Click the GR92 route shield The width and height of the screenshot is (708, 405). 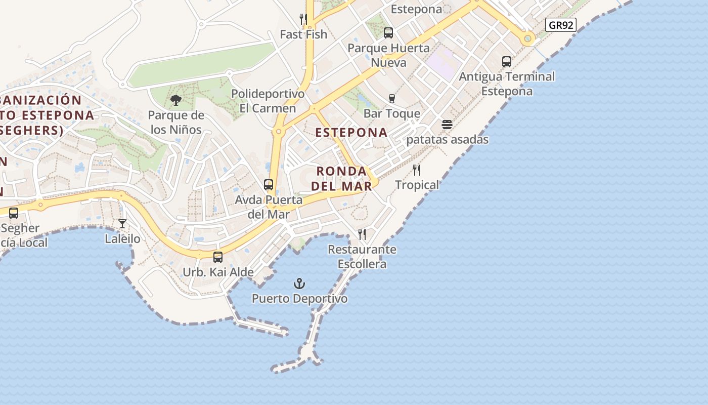click(561, 25)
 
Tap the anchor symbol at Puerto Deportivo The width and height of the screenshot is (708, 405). click(300, 283)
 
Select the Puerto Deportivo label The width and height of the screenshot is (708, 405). click(300, 299)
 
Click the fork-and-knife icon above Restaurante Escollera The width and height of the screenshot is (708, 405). click(362, 234)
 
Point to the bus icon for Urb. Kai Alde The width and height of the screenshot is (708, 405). click(218, 257)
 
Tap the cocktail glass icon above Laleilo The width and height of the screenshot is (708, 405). click(122, 223)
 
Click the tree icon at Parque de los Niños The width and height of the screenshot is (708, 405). click(176, 100)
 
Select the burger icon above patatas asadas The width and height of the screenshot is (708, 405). click(447, 125)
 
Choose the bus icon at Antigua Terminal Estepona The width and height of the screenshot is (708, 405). click(507, 62)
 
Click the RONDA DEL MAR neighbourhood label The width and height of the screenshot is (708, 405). click(341, 179)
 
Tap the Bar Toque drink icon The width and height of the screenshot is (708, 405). click(391, 98)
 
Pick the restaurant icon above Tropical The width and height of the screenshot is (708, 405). click(417, 170)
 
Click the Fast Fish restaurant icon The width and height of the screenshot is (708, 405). click(303, 19)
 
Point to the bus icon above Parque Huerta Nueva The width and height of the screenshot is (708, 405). click(388, 33)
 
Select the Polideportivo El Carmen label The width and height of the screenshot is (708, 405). click(268, 101)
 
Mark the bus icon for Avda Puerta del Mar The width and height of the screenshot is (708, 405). click(269, 185)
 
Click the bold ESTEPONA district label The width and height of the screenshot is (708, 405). click(351, 133)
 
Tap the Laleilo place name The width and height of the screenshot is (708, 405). click(122, 238)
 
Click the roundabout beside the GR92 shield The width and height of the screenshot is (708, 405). click(528, 38)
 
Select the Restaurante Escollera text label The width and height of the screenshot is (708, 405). click(362, 257)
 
